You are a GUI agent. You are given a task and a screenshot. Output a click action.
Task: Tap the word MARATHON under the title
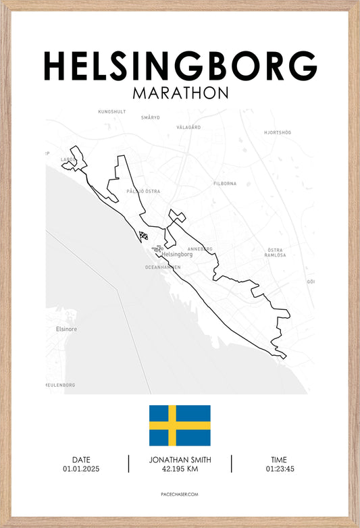[180, 93]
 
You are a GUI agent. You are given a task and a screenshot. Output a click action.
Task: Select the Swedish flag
[180, 425]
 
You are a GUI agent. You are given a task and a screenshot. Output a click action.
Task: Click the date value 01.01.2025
[81, 469]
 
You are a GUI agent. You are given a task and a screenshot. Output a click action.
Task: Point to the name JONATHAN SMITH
[180, 460]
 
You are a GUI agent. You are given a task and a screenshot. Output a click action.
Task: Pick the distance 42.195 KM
[180, 469]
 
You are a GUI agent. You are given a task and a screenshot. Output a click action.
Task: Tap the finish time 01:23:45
[280, 469]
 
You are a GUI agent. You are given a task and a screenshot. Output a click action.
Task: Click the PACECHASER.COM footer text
[180, 494]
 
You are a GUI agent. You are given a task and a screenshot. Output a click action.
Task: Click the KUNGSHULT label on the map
[112, 111]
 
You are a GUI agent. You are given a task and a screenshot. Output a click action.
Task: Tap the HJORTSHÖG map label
[278, 132]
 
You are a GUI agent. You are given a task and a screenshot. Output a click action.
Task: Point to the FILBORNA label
[225, 183]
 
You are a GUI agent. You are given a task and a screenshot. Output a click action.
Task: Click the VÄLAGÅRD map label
[188, 127]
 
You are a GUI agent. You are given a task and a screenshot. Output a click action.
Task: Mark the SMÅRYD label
[150, 117]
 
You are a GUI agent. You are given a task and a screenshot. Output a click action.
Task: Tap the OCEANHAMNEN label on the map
[163, 267]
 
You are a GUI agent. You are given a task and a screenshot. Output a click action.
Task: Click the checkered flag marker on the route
[143, 235]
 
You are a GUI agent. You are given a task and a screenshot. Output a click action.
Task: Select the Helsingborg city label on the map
[178, 255]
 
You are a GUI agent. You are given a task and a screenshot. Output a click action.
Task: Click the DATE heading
[81, 460]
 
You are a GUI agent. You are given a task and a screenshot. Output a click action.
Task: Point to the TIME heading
[280, 460]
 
